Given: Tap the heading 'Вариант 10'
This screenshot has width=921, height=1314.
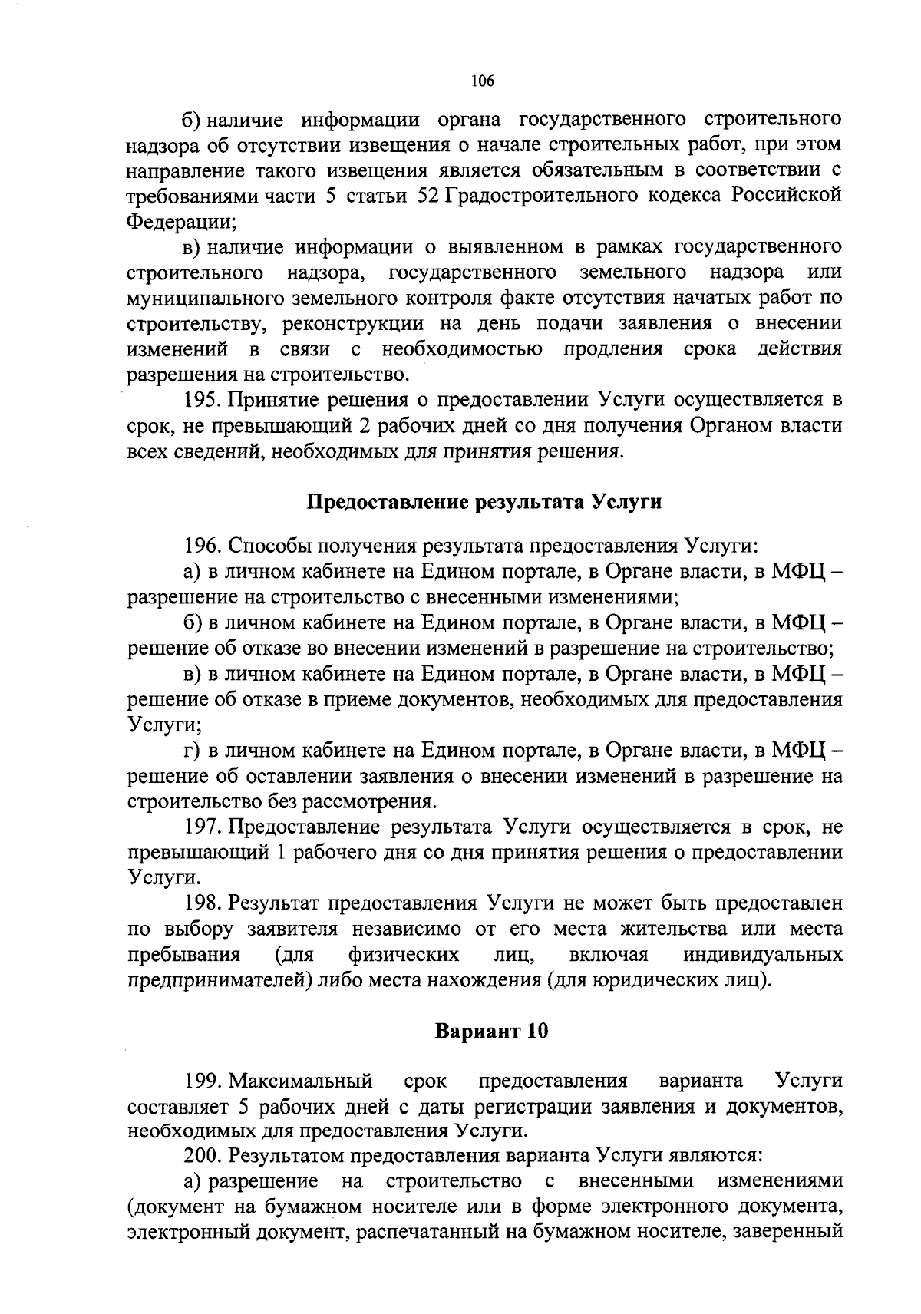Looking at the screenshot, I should pyautogui.click(x=491, y=1032).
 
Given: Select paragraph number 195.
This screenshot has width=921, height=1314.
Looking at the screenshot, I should pyautogui.click(x=202, y=400).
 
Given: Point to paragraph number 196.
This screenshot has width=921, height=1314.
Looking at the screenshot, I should pyautogui.click(x=202, y=546).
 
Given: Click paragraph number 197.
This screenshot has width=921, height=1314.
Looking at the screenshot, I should pyautogui.click(x=202, y=827).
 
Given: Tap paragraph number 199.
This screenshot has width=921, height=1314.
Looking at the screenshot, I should pyautogui.click(x=202, y=1081).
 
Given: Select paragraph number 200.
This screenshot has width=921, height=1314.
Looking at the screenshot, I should pyautogui.click(x=202, y=1154).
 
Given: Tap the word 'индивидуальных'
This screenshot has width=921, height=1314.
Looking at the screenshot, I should pyautogui.click(x=762, y=955).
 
